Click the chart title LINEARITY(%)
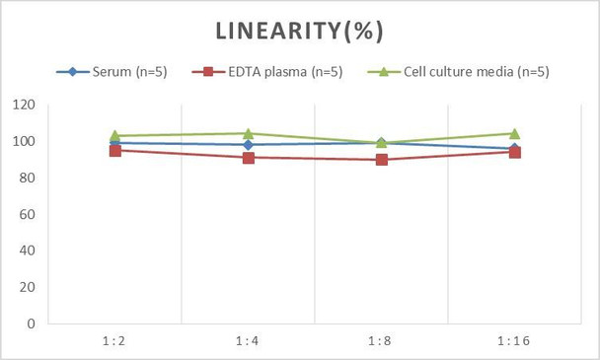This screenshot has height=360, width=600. [300, 32]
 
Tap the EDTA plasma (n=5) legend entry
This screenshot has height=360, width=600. [270, 71]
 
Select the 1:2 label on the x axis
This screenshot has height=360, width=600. [114, 339]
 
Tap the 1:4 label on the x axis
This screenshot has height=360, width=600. [248, 339]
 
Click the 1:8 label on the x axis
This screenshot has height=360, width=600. [381, 339]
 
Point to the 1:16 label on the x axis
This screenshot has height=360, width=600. [514, 339]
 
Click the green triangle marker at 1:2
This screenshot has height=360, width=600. [114, 135]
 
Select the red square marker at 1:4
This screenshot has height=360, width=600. [248, 158]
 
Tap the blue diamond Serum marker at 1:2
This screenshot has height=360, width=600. [114, 143]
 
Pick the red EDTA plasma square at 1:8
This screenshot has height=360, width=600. [381, 160]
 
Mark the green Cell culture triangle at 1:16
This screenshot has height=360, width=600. [514, 133]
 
